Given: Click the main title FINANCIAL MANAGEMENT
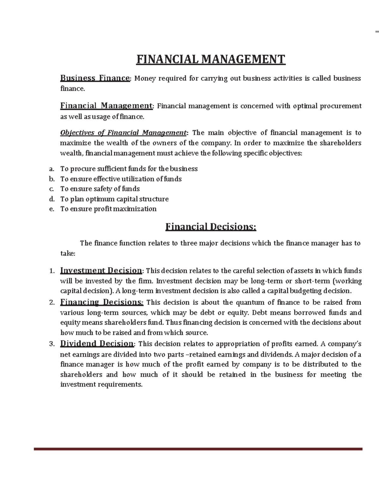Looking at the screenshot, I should [x=211, y=59].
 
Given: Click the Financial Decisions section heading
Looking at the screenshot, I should [x=211, y=227].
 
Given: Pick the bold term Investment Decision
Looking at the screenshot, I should [x=101, y=270].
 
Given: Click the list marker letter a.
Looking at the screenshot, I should [x=52, y=169].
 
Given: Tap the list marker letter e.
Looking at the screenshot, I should [x=52, y=209].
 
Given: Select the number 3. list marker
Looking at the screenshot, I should [x=52, y=344].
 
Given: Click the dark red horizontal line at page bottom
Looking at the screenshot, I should [x=198, y=449].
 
